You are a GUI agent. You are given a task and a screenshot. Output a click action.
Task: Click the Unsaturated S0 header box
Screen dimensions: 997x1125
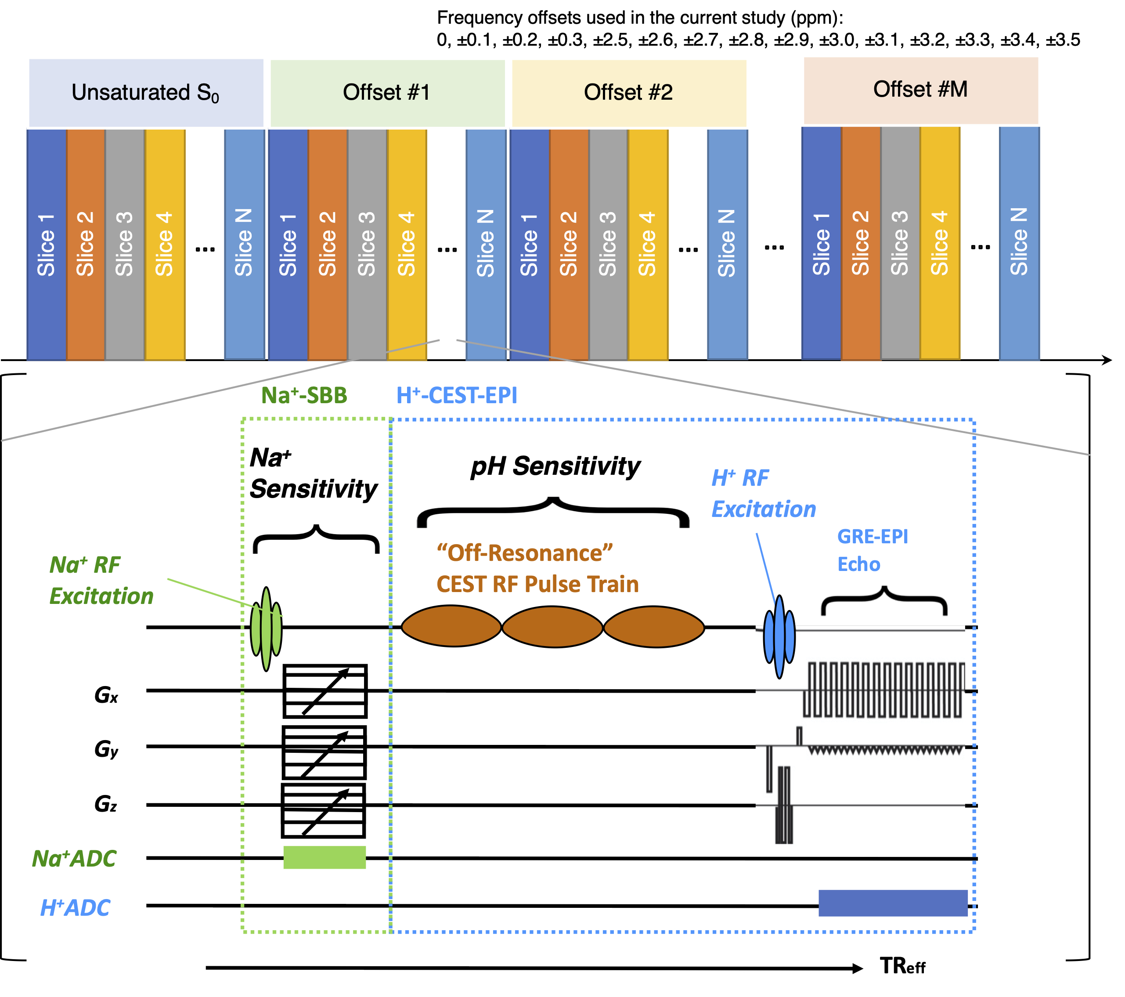[x=146, y=93]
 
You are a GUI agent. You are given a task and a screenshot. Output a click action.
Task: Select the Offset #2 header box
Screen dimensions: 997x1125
[x=628, y=93]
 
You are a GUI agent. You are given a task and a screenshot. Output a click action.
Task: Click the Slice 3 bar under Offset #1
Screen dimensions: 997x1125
[x=367, y=245]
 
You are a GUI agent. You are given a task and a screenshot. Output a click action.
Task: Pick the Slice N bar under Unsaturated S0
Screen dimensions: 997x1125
[x=245, y=245]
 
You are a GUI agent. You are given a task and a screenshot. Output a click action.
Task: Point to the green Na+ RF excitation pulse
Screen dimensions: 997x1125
[x=267, y=628]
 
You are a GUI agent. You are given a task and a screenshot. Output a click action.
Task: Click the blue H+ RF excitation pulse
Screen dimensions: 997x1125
[x=779, y=636]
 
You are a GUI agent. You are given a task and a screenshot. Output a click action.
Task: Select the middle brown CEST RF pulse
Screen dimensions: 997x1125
[x=552, y=626]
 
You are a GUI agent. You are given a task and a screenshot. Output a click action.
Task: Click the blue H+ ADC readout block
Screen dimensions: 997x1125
[x=892, y=903]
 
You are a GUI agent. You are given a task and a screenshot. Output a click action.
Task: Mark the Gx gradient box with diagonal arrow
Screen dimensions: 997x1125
[x=325, y=691]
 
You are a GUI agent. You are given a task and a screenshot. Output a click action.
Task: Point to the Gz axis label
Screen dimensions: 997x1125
[x=106, y=804]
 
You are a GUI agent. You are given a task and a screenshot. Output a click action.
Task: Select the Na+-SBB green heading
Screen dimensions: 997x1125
[x=304, y=395]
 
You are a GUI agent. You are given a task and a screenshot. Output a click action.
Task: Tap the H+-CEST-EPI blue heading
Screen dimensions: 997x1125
[x=457, y=395]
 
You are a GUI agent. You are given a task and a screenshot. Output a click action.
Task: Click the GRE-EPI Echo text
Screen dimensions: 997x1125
[x=873, y=550]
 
